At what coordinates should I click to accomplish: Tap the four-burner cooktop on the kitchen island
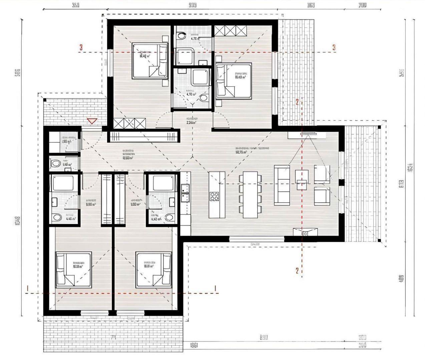214,196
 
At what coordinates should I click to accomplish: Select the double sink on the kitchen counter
185,193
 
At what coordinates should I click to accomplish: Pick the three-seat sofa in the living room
282,185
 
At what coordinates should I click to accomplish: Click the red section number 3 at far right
334,47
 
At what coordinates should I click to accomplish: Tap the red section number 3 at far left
81,47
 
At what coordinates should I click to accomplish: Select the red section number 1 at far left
28,288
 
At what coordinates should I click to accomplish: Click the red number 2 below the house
297,270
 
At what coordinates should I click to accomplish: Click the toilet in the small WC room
55,163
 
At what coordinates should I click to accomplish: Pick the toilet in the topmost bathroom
181,35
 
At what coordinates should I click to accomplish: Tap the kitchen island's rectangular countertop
217,194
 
